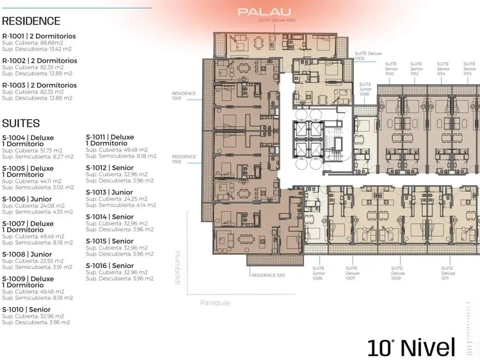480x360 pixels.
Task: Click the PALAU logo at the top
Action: point(264,12)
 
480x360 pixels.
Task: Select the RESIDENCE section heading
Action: point(31,21)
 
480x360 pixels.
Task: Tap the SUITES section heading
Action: point(21,123)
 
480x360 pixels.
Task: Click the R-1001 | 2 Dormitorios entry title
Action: point(39,36)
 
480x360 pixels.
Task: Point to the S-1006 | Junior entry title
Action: point(27,199)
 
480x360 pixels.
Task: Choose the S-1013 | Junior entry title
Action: point(109,192)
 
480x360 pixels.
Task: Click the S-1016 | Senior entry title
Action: point(110,265)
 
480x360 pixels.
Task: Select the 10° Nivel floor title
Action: point(411,347)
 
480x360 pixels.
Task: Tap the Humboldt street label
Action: point(178,268)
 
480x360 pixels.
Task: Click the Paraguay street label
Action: point(215,303)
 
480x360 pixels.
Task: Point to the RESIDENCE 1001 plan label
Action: point(268,275)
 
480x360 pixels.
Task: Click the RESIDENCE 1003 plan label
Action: point(184,96)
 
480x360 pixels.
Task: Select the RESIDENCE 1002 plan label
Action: point(184,159)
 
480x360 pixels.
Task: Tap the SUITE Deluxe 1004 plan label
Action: point(277,21)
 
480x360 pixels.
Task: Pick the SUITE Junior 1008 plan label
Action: point(366,89)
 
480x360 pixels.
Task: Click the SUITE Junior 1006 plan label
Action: point(318,273)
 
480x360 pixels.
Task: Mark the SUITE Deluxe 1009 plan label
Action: point(397,273)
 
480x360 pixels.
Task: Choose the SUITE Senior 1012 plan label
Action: point(416,69)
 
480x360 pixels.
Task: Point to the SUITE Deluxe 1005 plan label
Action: point(368,56)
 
